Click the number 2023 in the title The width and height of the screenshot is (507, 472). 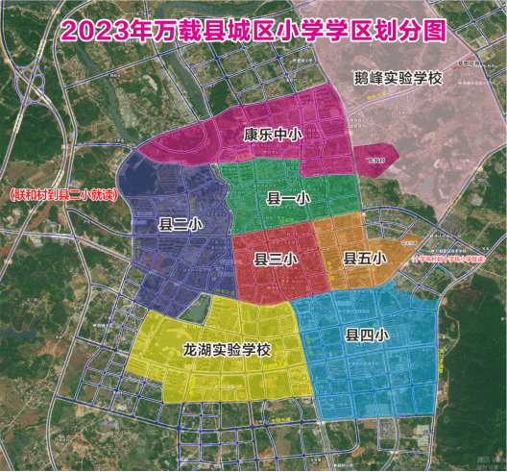click(95, 29)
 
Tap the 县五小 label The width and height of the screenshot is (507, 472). click(364, 258)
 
